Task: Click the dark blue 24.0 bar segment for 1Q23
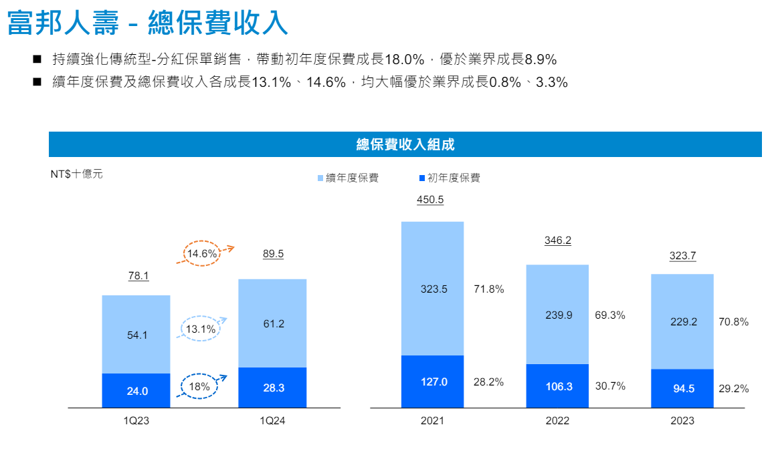click(136, 391)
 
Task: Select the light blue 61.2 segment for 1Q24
click(273, 323)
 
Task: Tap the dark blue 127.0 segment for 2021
click(432, 382)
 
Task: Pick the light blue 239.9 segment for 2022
click(557, 315)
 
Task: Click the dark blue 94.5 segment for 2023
click(682, 388)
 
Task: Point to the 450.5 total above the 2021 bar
click(430, 199)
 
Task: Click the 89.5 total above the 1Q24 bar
click(274, 254)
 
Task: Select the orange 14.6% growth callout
click(202, 254)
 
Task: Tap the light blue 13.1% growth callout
click(201, 329)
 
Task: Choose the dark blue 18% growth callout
click(199, 386)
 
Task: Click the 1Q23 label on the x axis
click(136, 421)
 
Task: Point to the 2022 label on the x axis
click(557, 421)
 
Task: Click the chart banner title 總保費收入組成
click(405, 144)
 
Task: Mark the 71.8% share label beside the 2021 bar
click(489, 289)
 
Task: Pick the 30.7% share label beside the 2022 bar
click(610, 386)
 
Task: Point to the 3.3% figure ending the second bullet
click(552, 83)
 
